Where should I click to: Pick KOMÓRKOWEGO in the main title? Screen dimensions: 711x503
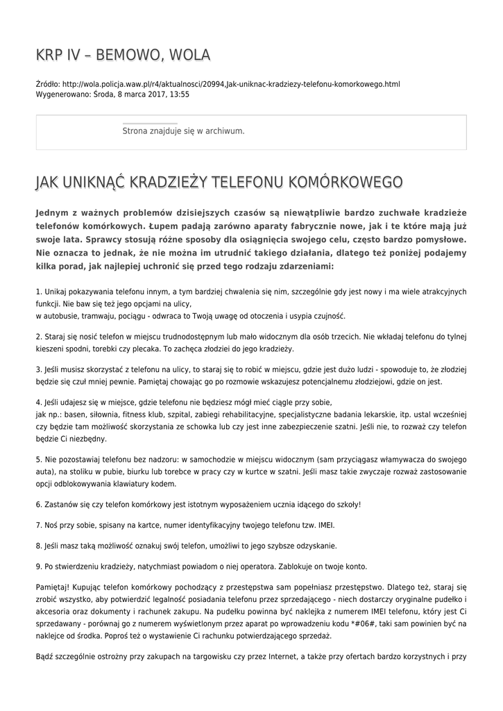[344, 182]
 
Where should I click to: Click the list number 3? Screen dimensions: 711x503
[37, 369]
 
